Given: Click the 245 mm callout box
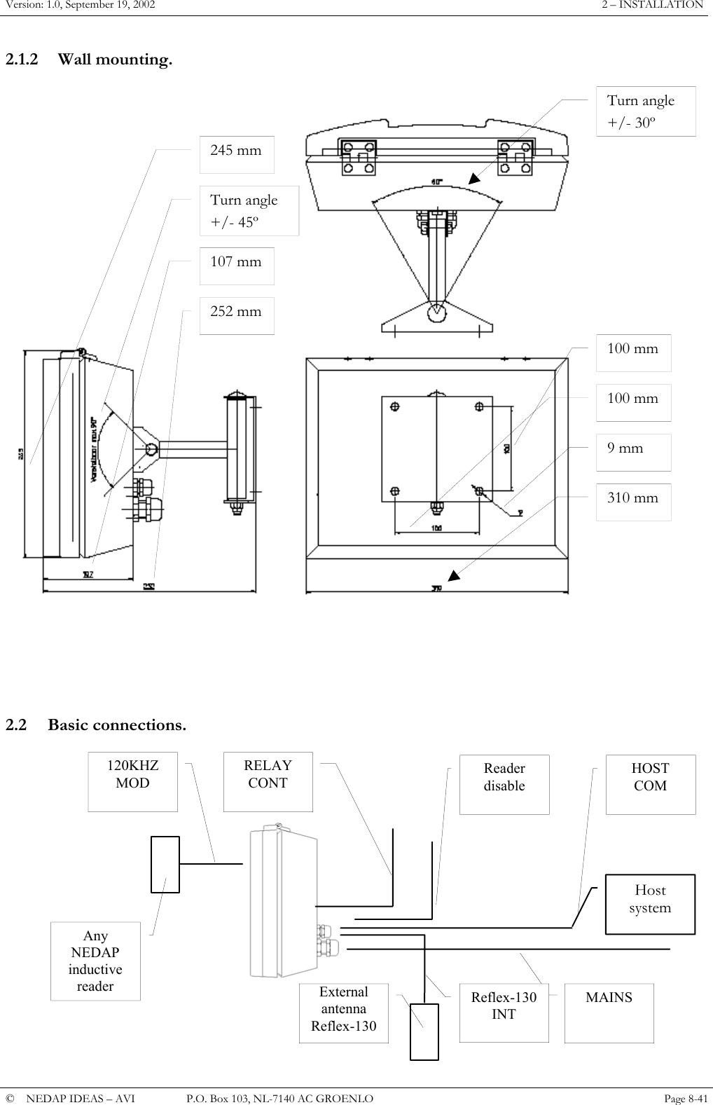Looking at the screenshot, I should (237, 155).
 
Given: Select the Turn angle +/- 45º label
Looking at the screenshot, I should (249, 210).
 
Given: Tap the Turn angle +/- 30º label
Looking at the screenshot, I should (645, 111).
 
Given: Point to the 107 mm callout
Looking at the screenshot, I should (237, 266).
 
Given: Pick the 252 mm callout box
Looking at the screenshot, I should (237, 315).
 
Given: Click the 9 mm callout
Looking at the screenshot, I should (633, 452).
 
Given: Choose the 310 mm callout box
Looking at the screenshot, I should (633, 502).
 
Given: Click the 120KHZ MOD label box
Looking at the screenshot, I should (132, 781).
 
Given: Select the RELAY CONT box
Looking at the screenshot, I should (268, 781).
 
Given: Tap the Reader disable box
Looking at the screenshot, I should (504, 784).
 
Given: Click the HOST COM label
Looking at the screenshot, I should (651, 784).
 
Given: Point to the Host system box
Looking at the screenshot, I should (650, 904).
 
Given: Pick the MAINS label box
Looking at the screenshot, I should (609, 1013).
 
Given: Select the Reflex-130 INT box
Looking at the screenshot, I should (504, 1013).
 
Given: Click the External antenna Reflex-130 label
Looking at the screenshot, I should (343, 1013).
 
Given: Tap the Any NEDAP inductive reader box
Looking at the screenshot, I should (95, 961).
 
